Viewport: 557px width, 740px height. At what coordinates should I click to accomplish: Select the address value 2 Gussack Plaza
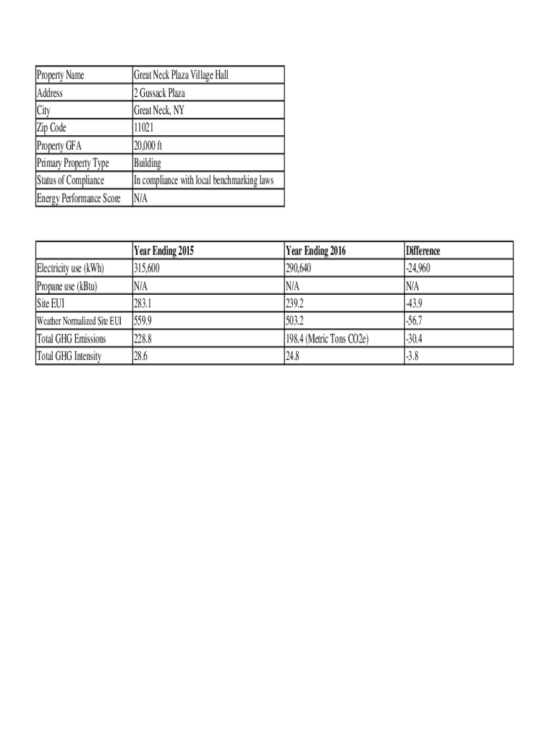click(159, 93)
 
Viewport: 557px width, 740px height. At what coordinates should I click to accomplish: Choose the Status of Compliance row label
click(70, 180)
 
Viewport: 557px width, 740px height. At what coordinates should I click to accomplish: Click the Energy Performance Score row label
click(78, 198)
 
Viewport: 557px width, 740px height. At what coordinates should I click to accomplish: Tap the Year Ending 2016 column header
click(316, 251)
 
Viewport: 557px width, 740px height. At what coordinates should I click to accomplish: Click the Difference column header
click(423, 251)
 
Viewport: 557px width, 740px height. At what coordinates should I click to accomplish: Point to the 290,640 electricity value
click(302, 269)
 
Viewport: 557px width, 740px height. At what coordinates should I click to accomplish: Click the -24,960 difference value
click(423, 269)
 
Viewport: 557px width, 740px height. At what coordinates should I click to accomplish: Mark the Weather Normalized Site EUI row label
click(79, 321)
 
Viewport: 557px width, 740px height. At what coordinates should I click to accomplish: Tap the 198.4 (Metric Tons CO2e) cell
click(327, 338)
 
